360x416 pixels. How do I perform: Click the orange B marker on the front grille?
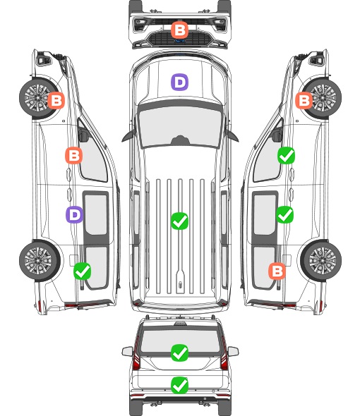179,30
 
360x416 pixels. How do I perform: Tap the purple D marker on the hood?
179,82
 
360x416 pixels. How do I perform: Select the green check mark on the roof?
179,221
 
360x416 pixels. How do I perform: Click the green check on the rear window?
179,353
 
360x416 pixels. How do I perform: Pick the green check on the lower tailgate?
179,385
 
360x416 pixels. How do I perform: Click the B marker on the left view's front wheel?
56,100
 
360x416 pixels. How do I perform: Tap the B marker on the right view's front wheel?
304,100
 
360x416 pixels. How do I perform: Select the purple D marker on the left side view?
74,214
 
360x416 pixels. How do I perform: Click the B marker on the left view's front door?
73,155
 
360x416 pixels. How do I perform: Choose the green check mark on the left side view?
82,271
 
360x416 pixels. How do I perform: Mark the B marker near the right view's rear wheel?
277,271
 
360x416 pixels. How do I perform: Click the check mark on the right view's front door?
286,155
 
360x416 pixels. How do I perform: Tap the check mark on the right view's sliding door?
284,214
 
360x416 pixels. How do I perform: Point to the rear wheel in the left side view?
40,261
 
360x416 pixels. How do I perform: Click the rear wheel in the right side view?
321,261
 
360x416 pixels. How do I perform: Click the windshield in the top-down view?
180,127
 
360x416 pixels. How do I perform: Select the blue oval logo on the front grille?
179,41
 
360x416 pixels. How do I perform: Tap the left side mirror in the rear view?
127,351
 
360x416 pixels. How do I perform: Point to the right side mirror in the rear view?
233,351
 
